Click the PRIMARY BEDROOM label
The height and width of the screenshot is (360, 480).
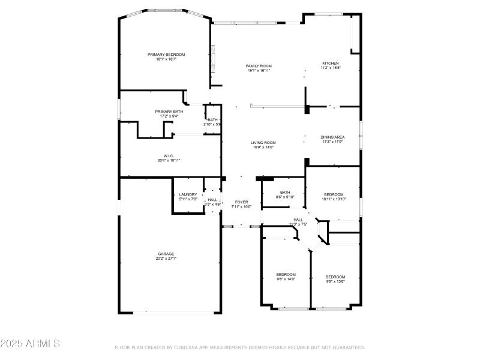point(166,55)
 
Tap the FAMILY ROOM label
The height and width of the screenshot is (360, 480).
point(259,65)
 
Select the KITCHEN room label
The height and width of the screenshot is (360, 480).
point(331,63)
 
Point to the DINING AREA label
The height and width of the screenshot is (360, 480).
point(332,137)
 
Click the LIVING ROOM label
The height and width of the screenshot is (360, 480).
point(263,142)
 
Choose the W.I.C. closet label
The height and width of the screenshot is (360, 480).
point(169,155)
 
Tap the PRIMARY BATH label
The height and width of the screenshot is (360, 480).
point(169,111)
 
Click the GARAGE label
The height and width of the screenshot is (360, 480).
point(166,254)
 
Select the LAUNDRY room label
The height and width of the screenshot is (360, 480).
point(188,194)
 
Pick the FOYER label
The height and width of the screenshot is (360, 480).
point(241,202)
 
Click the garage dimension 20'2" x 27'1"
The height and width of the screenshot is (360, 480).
point(166,259)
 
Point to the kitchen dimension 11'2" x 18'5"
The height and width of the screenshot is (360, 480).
point(331,68)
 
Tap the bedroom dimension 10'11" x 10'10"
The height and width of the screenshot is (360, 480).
point(334,199)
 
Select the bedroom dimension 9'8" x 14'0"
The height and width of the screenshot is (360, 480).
point(286,279)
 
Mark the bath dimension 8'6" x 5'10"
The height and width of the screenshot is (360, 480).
point(285,197)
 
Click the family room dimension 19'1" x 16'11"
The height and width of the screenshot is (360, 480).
point(259,70)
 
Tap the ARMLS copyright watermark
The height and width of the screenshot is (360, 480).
point(30,344)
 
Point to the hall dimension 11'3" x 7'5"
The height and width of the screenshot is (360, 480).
point(298,224)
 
